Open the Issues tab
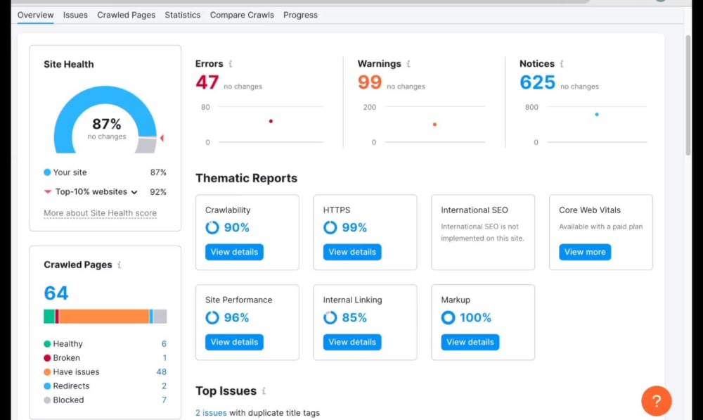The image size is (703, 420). pos(75,15)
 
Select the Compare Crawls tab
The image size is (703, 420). pos(242,15)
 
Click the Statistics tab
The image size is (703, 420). pos(183,15)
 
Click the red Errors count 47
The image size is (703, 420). pos(207,82)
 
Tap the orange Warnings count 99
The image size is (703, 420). pos(370,82)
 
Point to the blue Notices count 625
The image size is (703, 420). pos(537,82)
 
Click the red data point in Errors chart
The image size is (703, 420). pos(271,121)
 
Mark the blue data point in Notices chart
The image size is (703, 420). pos(597,115)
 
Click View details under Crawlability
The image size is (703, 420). pos(235,252)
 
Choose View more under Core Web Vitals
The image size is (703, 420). pos(585,252)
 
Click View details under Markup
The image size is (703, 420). pos(470,343)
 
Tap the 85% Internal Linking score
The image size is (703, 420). pos(354,318)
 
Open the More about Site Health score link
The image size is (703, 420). pos(100,213)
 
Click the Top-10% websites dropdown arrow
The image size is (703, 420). pos(134,193)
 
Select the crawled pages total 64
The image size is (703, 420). pos(56,293)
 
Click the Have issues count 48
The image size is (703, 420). pos(162,372)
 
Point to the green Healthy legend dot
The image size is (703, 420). pos(47,344)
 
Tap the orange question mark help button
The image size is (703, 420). pos(657,401)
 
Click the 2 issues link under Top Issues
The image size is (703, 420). pos(211,413)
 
